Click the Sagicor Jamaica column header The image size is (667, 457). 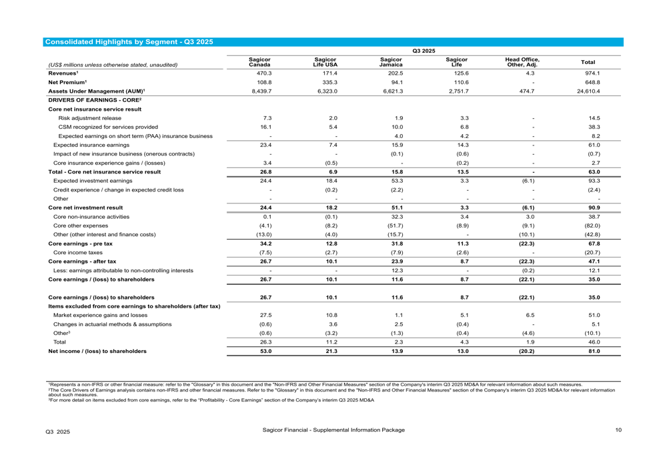coord(386,62)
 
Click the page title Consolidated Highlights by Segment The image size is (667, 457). coord(129,41)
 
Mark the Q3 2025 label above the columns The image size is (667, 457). coord(424,50)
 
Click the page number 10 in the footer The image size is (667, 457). coord(618,429)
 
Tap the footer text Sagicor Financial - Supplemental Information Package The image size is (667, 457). coord(333,429)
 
